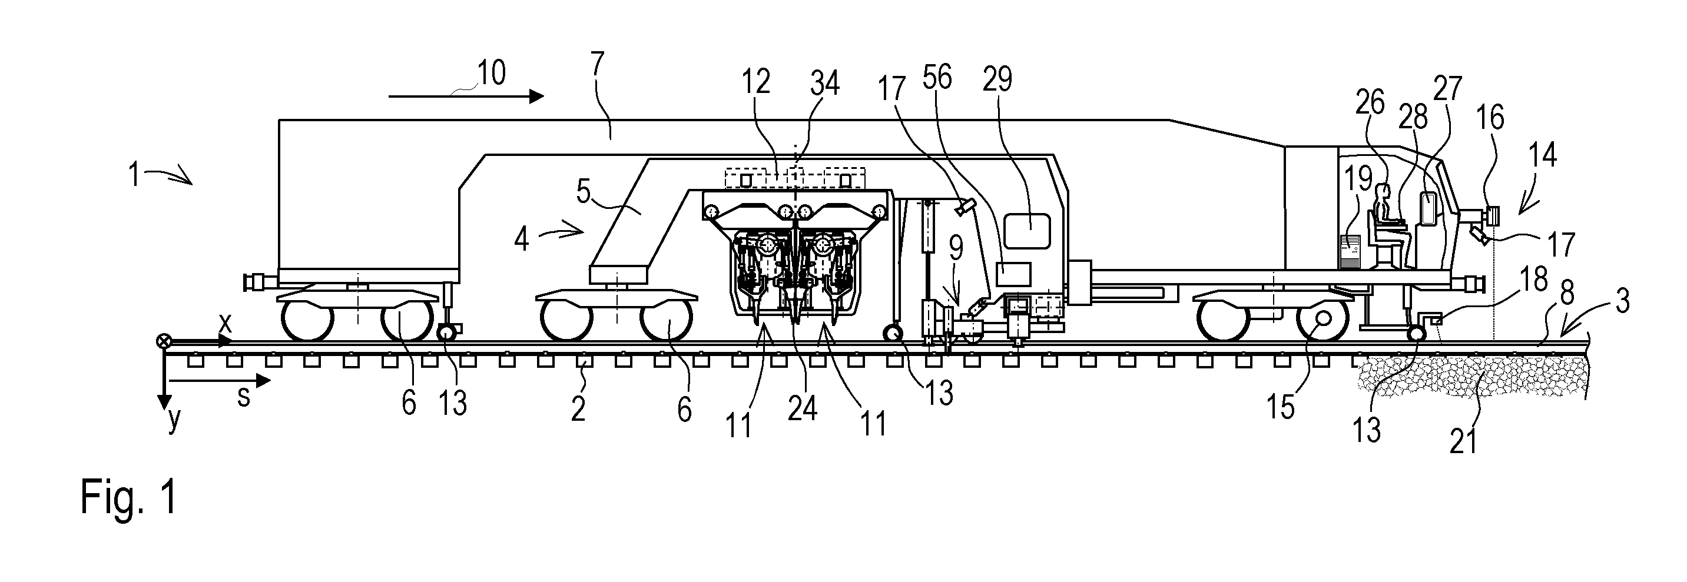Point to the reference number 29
click(x=997, y=79)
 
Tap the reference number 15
click(x=1281, y=408)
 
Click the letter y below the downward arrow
click(x=173, y=421)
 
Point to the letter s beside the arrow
click(x=244, y=397)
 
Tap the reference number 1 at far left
click(x=134, y=175)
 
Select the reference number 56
click(x=937, y=77)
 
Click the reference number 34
click(x=824, y=84)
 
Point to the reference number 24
click(x=802, y=409)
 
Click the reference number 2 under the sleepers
click(x=578, y=408)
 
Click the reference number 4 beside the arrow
click(x=521, y=239)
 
